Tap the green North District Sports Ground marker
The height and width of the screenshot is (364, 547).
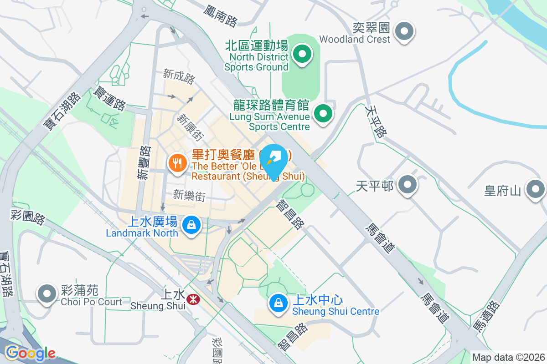tap(302, 55)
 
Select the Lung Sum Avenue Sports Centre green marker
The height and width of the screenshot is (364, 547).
tap(324, 113)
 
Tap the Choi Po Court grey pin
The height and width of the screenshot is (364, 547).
tap(47, 293)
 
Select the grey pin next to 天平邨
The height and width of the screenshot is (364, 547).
tap(407, 186)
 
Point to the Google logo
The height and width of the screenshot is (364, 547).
tap(30, 353)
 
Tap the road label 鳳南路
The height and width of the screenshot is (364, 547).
tap(221, 15)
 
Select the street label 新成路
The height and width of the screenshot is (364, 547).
tap(179, 77)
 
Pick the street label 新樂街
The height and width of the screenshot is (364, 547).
tap(189, 196)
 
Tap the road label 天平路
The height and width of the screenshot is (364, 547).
tap(376, 121)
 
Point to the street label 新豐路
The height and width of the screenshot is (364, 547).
tap(144, 162)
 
